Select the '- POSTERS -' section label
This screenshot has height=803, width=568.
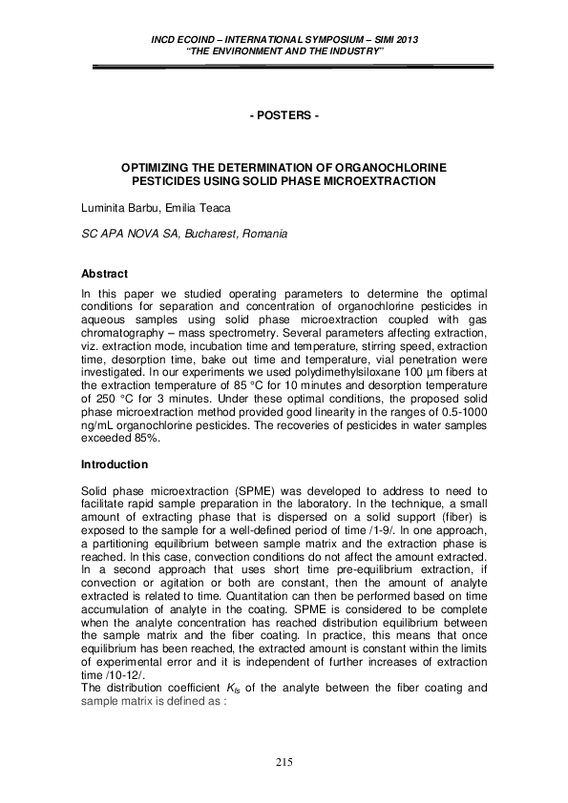pos(284,116)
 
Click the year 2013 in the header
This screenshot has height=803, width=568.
pos(407,40)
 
